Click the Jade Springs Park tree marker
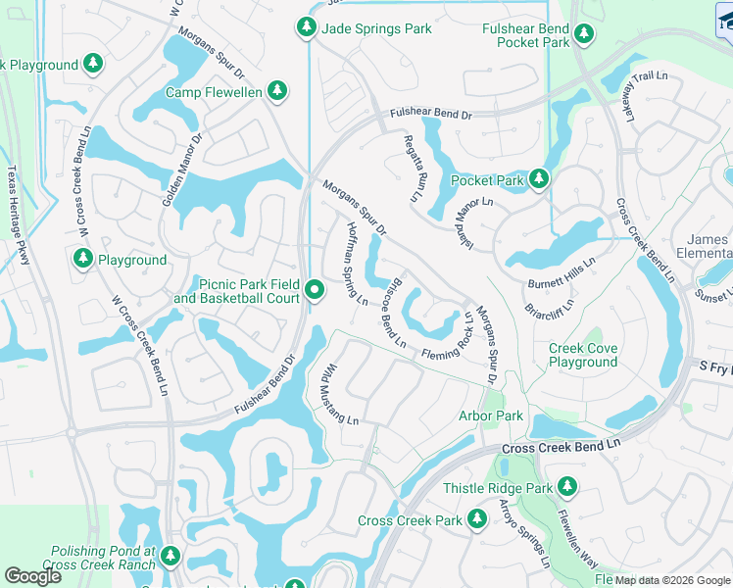[x=307, y=28]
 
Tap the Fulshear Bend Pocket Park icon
[x=585, y=35]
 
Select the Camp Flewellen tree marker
[x=277, y=91]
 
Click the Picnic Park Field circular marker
[x=315, y=290]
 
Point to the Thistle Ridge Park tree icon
[x=566, y=487]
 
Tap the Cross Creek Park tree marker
[x=476, y=518]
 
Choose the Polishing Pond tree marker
[x=171, y=557]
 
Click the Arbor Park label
[x=491, y=416]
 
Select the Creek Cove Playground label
[x=583, y=355]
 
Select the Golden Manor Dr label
[x=181, y=170]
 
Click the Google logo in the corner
[x=33, y=576]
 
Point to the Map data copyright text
[x=672, y=580]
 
